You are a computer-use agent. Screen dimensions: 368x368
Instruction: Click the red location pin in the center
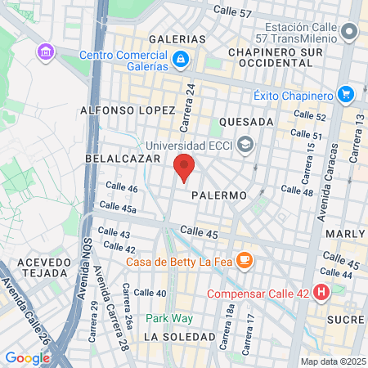184,166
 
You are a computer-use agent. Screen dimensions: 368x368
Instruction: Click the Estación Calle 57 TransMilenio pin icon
350,33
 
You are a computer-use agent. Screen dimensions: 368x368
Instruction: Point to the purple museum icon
44,52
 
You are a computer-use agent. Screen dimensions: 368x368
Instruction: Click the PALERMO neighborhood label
219,196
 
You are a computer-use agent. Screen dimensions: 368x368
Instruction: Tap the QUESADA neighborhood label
246,121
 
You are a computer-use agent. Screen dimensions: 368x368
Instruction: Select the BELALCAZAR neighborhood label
119,157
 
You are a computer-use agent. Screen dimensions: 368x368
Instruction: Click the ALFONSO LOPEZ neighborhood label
127,110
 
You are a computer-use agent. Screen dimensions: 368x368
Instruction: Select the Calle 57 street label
233,11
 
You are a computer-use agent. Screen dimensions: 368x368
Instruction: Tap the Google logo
27,357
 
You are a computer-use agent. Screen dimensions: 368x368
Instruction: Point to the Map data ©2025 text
333,361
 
